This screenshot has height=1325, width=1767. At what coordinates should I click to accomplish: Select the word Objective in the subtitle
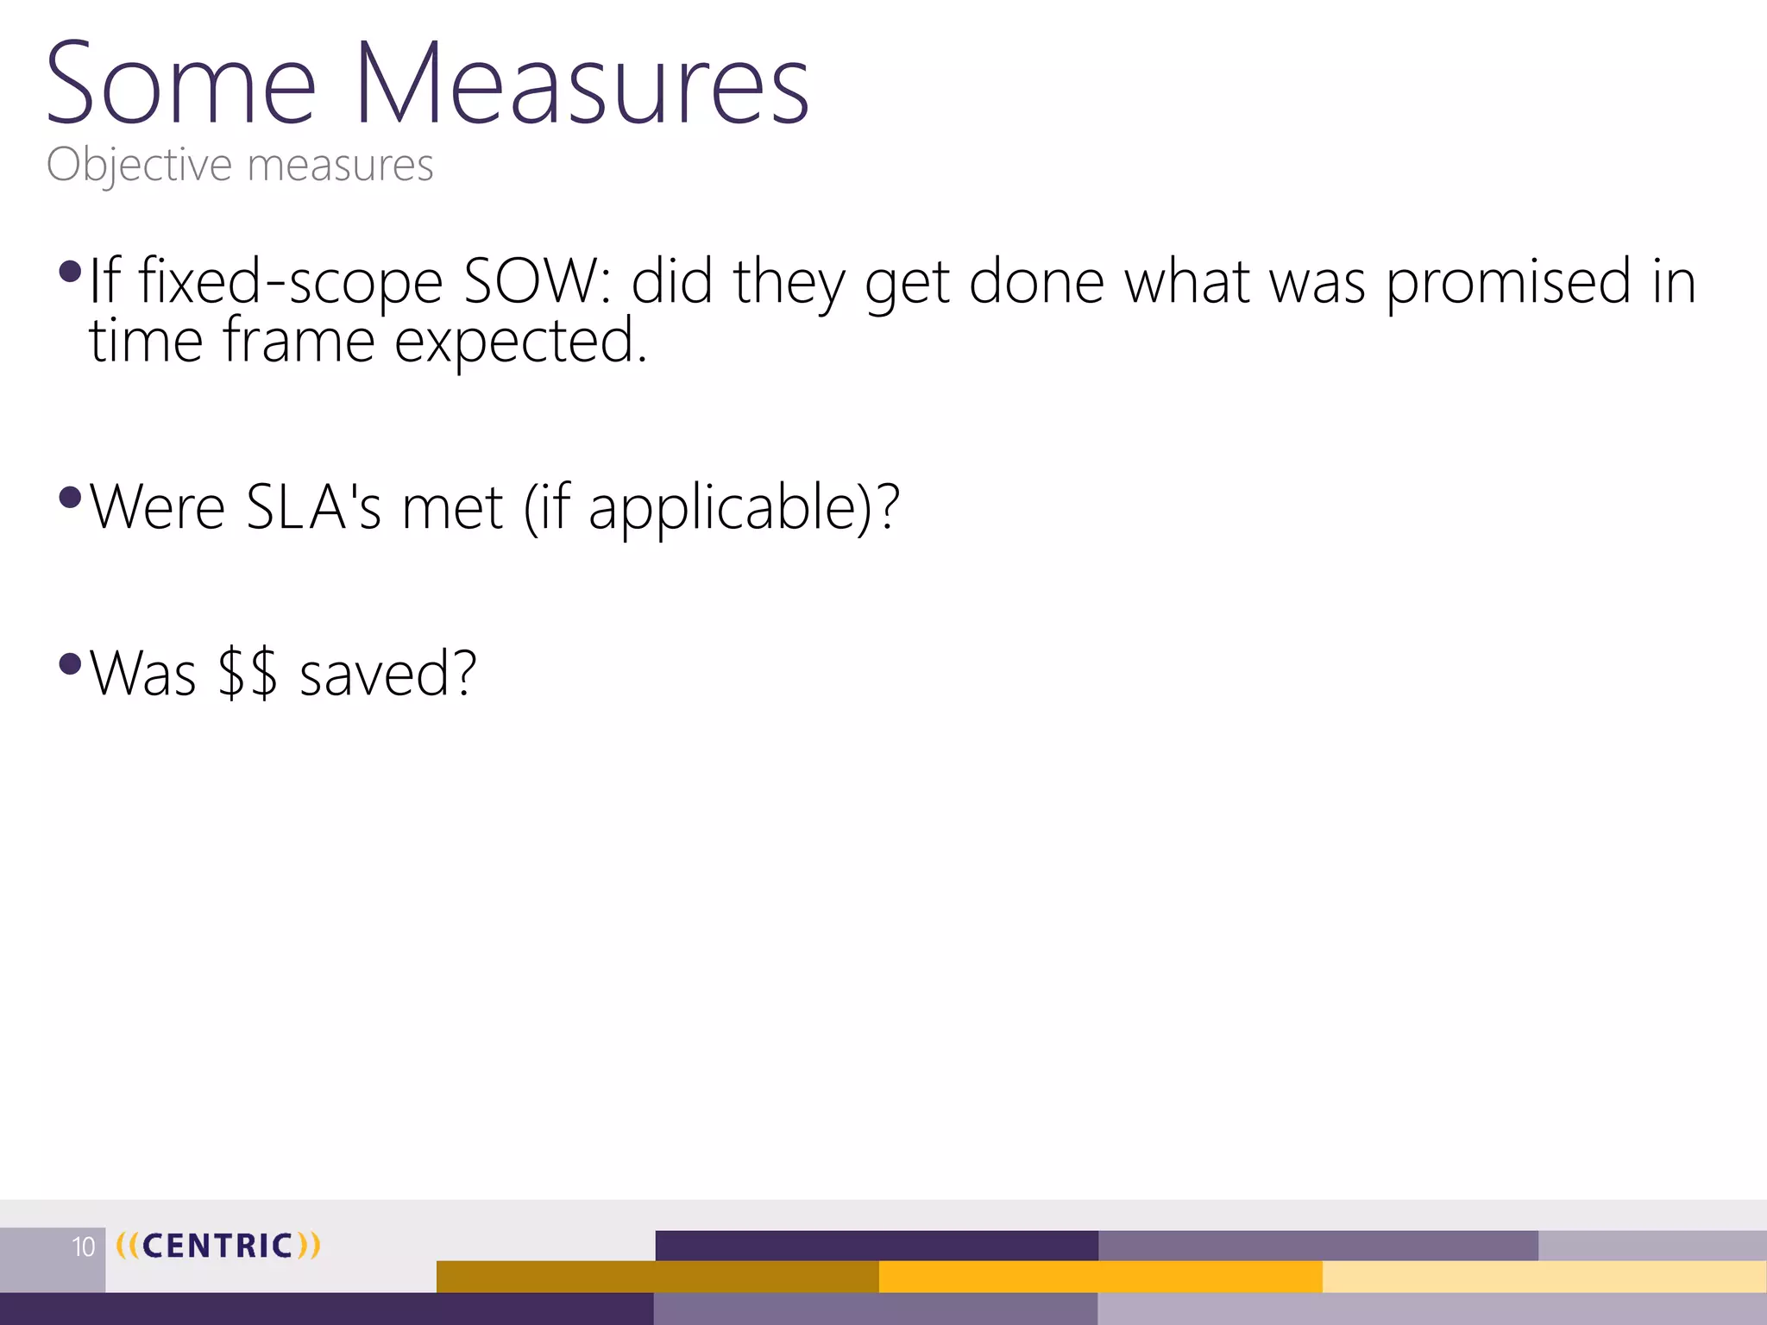[x=139, y=165]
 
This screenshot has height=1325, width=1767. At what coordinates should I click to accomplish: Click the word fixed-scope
[x=290, y=282]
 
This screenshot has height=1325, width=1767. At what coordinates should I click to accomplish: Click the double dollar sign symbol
[x=248, y=674]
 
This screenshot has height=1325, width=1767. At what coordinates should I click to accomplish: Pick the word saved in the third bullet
[x=387, y=674]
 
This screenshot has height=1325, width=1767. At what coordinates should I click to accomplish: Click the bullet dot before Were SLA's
[x=70, y=498]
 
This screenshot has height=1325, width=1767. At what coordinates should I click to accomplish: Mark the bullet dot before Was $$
[x=70, y=664]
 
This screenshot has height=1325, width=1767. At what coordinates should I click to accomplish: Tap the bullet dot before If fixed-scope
[x=70, y=273]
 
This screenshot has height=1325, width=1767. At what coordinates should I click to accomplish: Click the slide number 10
[x=83, y=1247]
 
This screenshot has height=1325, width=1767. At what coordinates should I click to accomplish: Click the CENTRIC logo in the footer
[x=217, y=1246]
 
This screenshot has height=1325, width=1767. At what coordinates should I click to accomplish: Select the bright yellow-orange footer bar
[x=1100, y=1277]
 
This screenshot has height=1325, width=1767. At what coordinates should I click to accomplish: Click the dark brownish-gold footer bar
[x=657, y=1277]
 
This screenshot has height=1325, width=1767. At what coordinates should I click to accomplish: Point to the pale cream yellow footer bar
[x=1544, y=1277]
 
